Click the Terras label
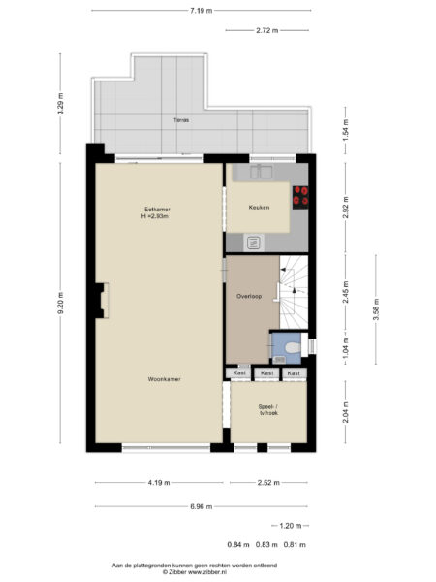tap(181, 120)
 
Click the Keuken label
tap(259, 208)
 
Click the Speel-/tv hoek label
tap(268, 409)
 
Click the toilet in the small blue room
tap(292, 346)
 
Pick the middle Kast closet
tap(267, 372)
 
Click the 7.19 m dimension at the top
tap(201, 10)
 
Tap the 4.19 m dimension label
tap(159, 483)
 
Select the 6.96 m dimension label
tap(201, 505)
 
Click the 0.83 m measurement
tap(267, 544)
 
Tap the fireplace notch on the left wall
tap(100, 300)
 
